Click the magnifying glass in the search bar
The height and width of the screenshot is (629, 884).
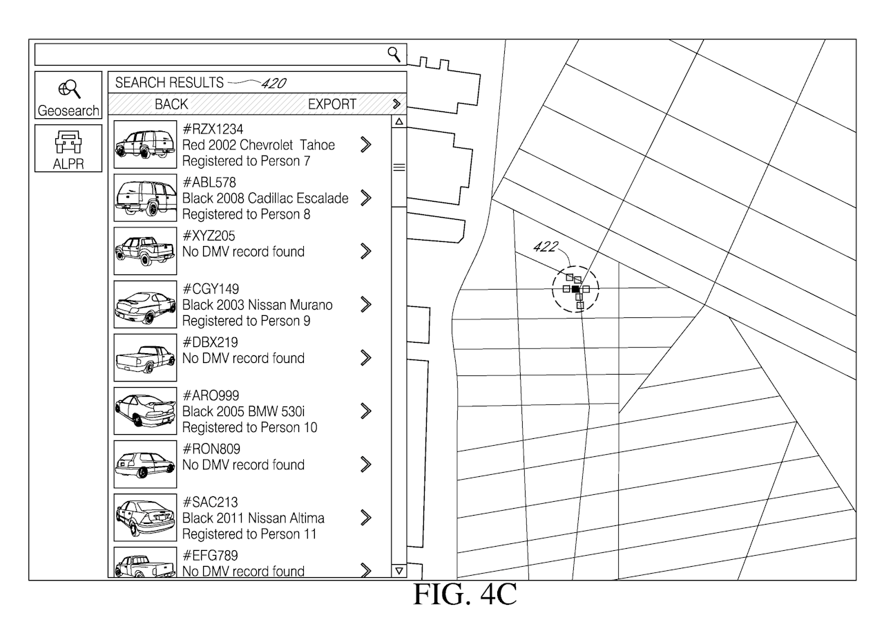(x=394, y=53)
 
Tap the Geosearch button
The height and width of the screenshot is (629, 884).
(x=68, y=95)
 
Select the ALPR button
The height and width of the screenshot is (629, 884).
(x=68, y=148)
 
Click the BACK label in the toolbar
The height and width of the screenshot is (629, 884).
(x=171, y=104)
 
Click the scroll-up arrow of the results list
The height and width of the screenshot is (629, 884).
(x=398, y=122)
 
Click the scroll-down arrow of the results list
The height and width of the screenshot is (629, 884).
(x=398, y=570)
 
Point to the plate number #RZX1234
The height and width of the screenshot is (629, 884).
(x=213, y=129)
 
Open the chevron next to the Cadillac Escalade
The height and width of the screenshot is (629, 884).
(x=366, y=198)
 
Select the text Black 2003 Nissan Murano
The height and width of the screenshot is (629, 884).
(x=257, y=305)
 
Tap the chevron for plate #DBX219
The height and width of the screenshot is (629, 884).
(x=366, y=357)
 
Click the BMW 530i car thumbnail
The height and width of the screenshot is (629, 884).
(x=144, y=411)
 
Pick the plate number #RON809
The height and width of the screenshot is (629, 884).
(x=211, y=449)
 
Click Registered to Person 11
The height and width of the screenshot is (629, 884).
(x=249, y=534)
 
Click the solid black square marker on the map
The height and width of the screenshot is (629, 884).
(x=576, y=289)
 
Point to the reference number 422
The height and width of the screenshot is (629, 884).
(x=546, y=247)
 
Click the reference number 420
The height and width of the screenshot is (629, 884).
(x=273, y=84)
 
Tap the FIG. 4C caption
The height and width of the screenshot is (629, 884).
(x=464, y=594)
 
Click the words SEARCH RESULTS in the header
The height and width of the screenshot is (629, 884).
(x=169, y=83)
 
